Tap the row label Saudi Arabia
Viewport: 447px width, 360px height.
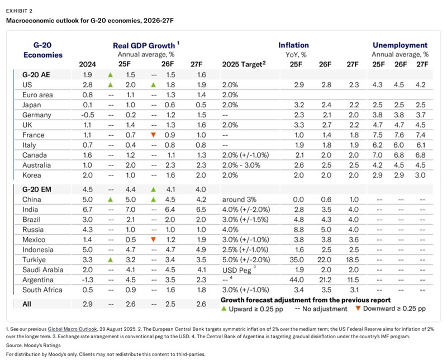point(42,270)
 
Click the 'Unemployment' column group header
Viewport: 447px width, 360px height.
point(400,45)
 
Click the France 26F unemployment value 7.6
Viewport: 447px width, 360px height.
point(401,135)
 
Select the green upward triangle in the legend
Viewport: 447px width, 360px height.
point(225,309)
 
